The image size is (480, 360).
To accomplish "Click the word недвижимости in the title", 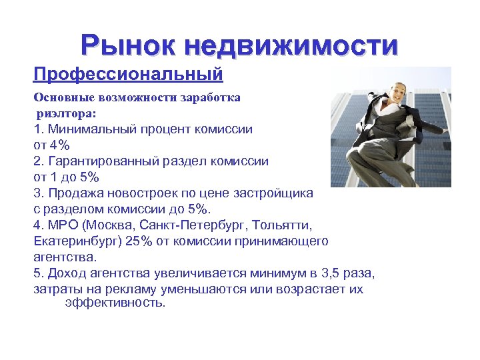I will [292, 45].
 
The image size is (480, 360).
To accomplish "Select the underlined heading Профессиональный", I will [128, 73].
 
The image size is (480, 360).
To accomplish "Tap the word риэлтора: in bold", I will [67, 113].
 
